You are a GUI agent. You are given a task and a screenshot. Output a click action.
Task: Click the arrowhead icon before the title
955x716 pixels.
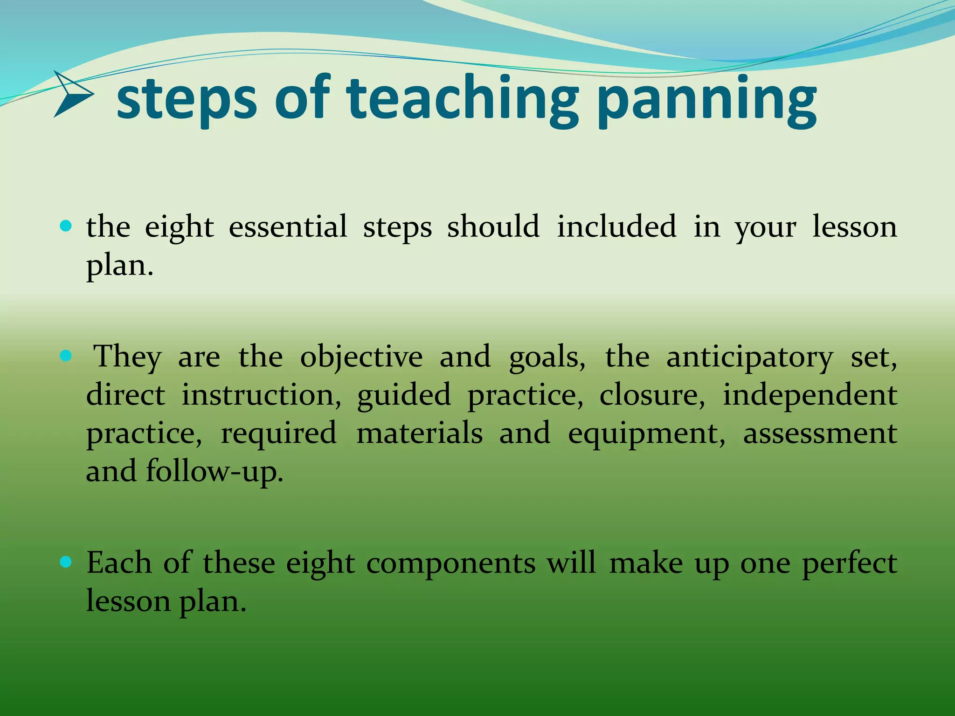[74, 94]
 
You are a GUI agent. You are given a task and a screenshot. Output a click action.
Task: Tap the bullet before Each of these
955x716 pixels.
[66, 563]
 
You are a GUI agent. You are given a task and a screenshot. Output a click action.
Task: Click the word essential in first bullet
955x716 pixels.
[288, 227]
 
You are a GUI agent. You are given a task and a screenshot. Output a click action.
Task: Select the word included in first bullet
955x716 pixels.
[616, 227]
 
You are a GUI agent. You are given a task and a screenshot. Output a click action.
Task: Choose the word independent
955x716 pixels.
[810, 395]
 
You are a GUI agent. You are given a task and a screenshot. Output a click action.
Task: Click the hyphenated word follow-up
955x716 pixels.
[215, 472]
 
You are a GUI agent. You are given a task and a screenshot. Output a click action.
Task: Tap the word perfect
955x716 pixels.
[849, 563]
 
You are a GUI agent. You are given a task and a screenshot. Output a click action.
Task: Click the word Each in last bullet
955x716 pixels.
[119, 563]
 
